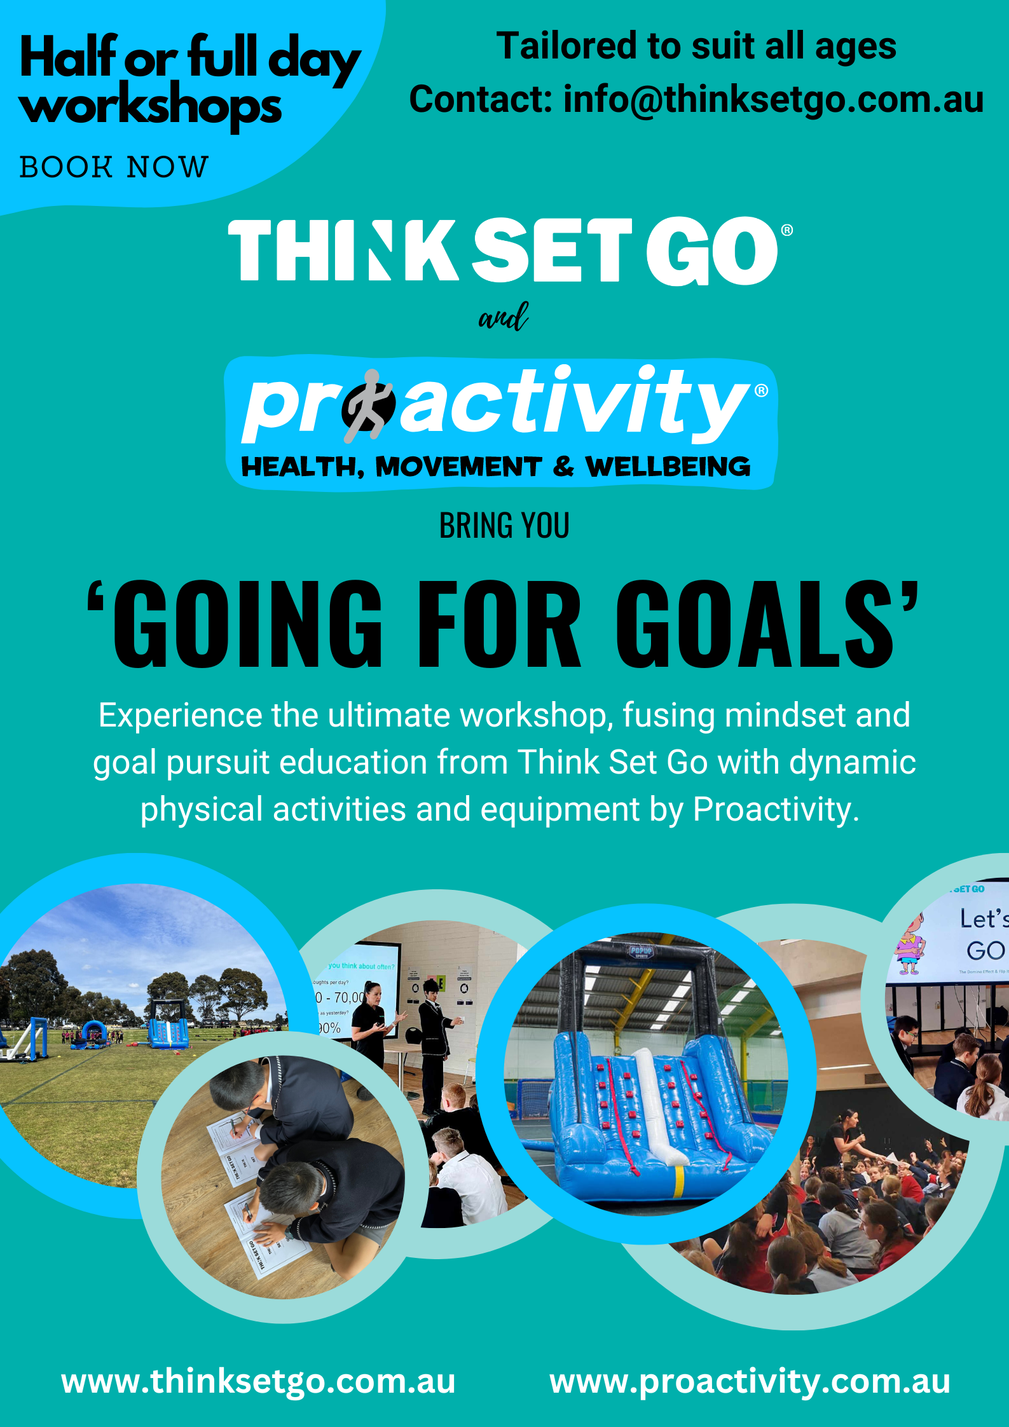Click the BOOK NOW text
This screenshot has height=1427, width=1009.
(x=114, y=168)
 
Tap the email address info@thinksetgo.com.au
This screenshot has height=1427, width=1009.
(x=773, y=100)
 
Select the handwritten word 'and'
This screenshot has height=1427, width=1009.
(x=504, y=317)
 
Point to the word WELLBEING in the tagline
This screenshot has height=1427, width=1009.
(x=668, y=467)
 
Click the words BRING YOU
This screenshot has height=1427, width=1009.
(x=504, y=526)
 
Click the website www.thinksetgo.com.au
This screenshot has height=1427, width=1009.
(x=258, y=1382)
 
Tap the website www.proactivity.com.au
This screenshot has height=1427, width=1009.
(x=750, y=1382)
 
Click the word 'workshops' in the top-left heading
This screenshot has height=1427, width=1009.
(x=151, y=106)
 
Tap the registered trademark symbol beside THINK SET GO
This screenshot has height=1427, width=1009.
(x=786, y=230)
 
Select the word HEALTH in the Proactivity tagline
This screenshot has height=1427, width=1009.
(x=299, y=467)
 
